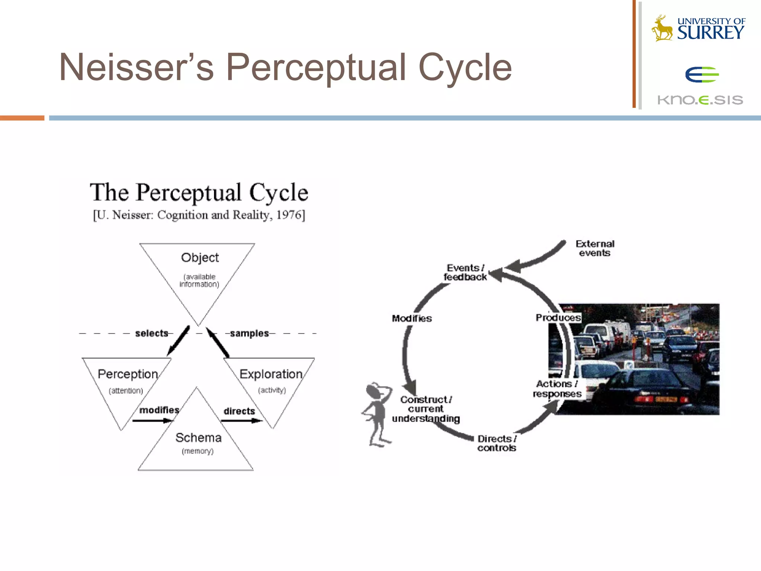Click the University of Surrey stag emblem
662,28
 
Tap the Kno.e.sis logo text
700,100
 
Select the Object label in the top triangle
200,258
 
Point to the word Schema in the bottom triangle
198,438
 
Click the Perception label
128,374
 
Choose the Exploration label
271,374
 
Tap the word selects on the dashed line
152,333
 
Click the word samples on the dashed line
249,333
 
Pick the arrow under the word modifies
152,421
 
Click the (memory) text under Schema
198,451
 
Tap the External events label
595,248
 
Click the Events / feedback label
465,272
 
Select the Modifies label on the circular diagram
412,319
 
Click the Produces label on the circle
558,317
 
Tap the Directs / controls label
497,443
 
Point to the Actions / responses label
557,389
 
